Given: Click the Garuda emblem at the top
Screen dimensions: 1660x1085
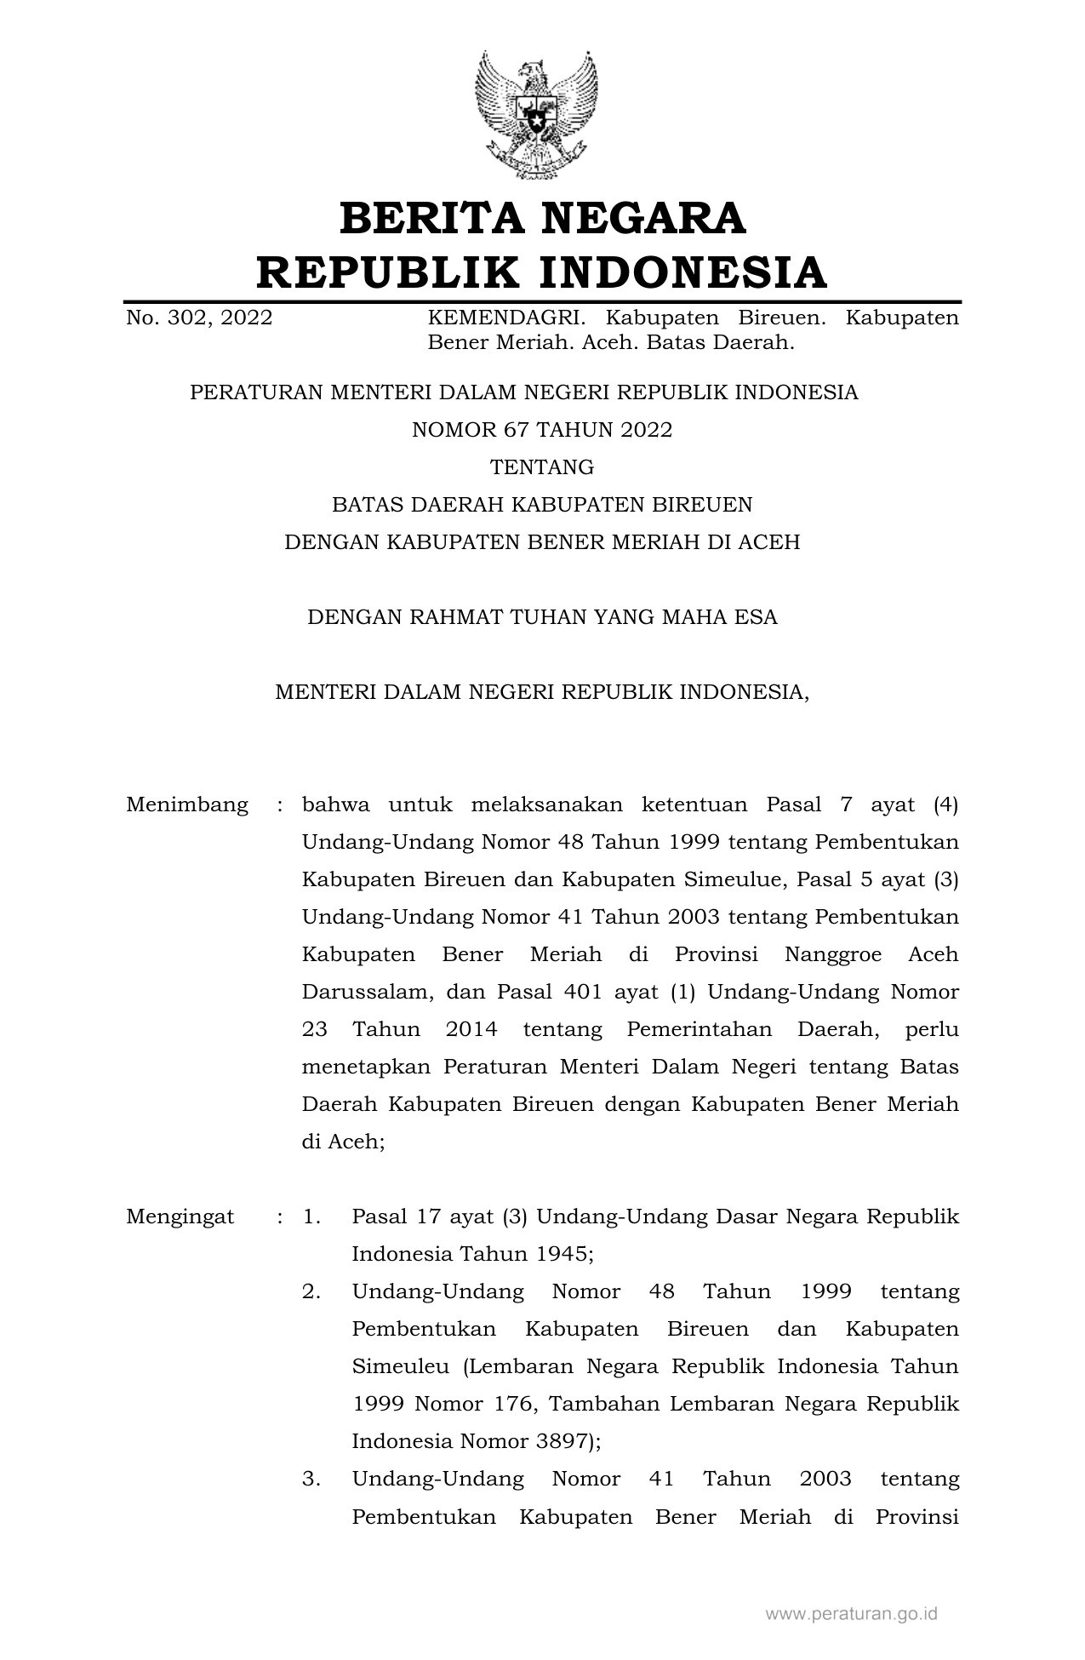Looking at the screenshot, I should click(536, 115).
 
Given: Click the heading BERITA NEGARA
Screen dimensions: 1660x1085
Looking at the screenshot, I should click(542, 218).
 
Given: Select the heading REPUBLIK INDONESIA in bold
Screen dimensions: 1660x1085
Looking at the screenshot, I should click(542, 272).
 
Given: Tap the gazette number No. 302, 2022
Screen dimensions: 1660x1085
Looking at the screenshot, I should click(199, 318).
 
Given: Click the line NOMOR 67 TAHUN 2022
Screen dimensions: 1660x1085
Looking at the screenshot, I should click(542, 430).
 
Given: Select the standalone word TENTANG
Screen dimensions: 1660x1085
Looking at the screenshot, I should click(542, 467).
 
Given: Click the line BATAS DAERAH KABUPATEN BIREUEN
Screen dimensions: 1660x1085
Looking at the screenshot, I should click(542, 505).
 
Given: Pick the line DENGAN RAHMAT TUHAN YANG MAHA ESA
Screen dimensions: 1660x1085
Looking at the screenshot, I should click(542, 617).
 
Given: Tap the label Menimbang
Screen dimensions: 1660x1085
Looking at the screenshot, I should click(187, 804).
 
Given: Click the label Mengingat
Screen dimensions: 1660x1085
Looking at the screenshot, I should click(180, 1216).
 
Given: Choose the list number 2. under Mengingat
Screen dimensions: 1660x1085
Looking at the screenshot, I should click(311, 1292).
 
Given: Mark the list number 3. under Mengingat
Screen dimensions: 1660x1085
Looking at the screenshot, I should click(311, 1480).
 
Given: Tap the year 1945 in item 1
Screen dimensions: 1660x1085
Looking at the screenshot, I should click(564, 1254).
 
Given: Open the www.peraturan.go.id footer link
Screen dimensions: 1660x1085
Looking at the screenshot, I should click(851, 1613).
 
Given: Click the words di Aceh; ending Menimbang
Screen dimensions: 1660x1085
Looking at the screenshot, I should click(344, 1142).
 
